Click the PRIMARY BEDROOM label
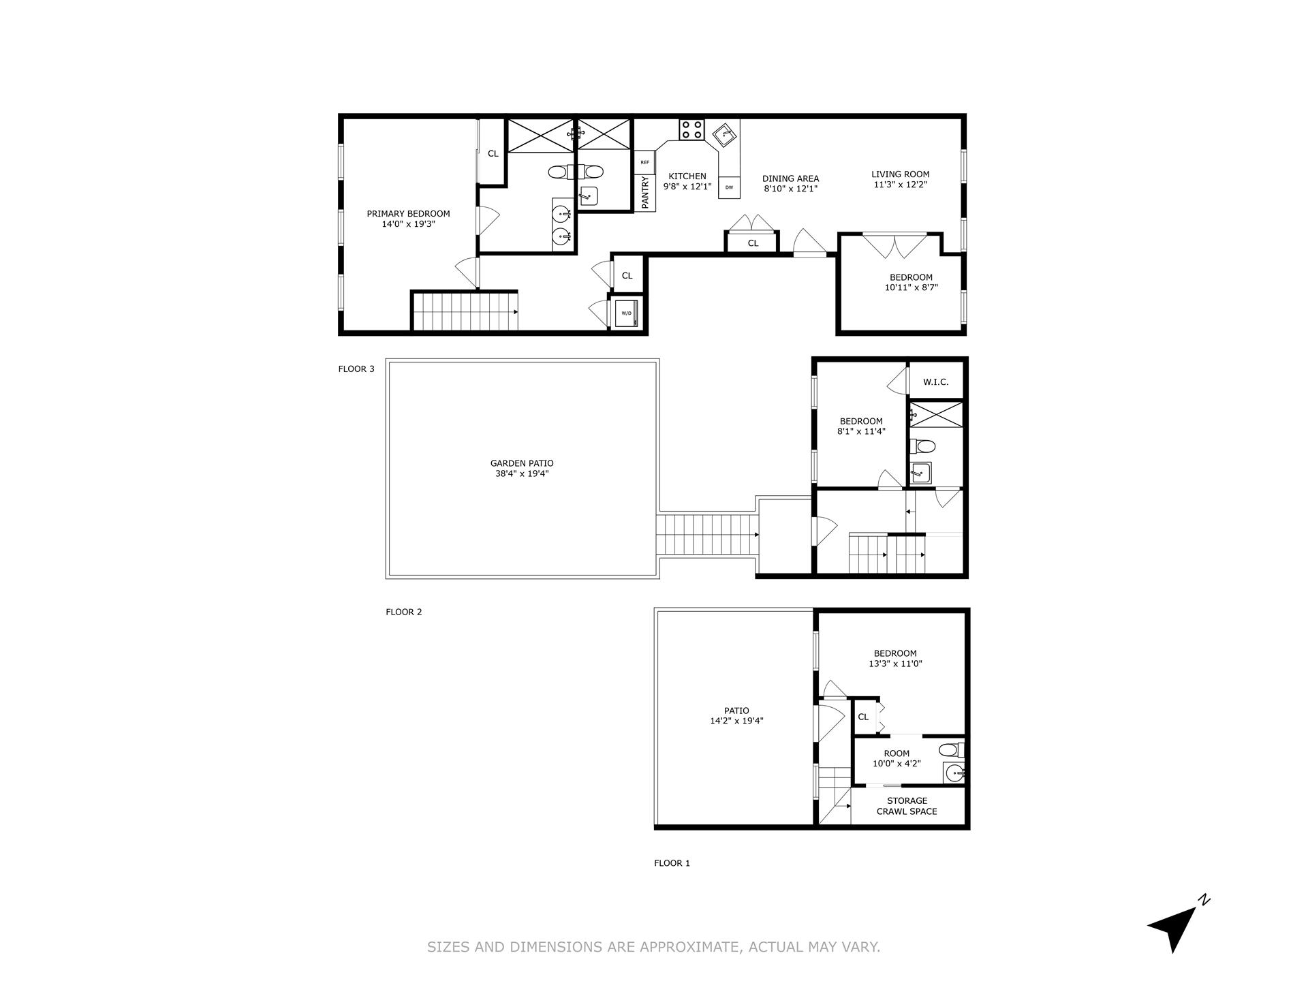click(x=408, y=214)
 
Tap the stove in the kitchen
click(x=691, y=129)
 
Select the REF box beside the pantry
click(x=644, y=162)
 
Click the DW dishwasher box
click(x=729, y=187)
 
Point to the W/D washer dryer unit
click(x=626, y=313)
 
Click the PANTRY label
click(x=645, y=193)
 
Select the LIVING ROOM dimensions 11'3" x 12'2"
click(x=900, y=185)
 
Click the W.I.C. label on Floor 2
click(x=935, y=382)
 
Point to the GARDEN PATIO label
click(x=522, y=463)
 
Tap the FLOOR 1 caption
click(x=672, y=863)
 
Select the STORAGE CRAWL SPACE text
click(x=907, y=806)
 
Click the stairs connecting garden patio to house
click(x=706, y=535)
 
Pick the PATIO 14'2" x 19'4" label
click(x=736, y=715)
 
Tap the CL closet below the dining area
click(x=753, y=243)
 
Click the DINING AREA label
click(x=790, y=179)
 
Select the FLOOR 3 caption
click(x=356, y=369)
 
